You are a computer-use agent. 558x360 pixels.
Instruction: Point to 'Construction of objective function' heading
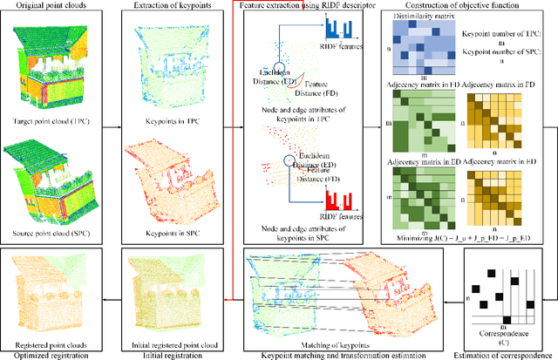coord(464,6)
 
